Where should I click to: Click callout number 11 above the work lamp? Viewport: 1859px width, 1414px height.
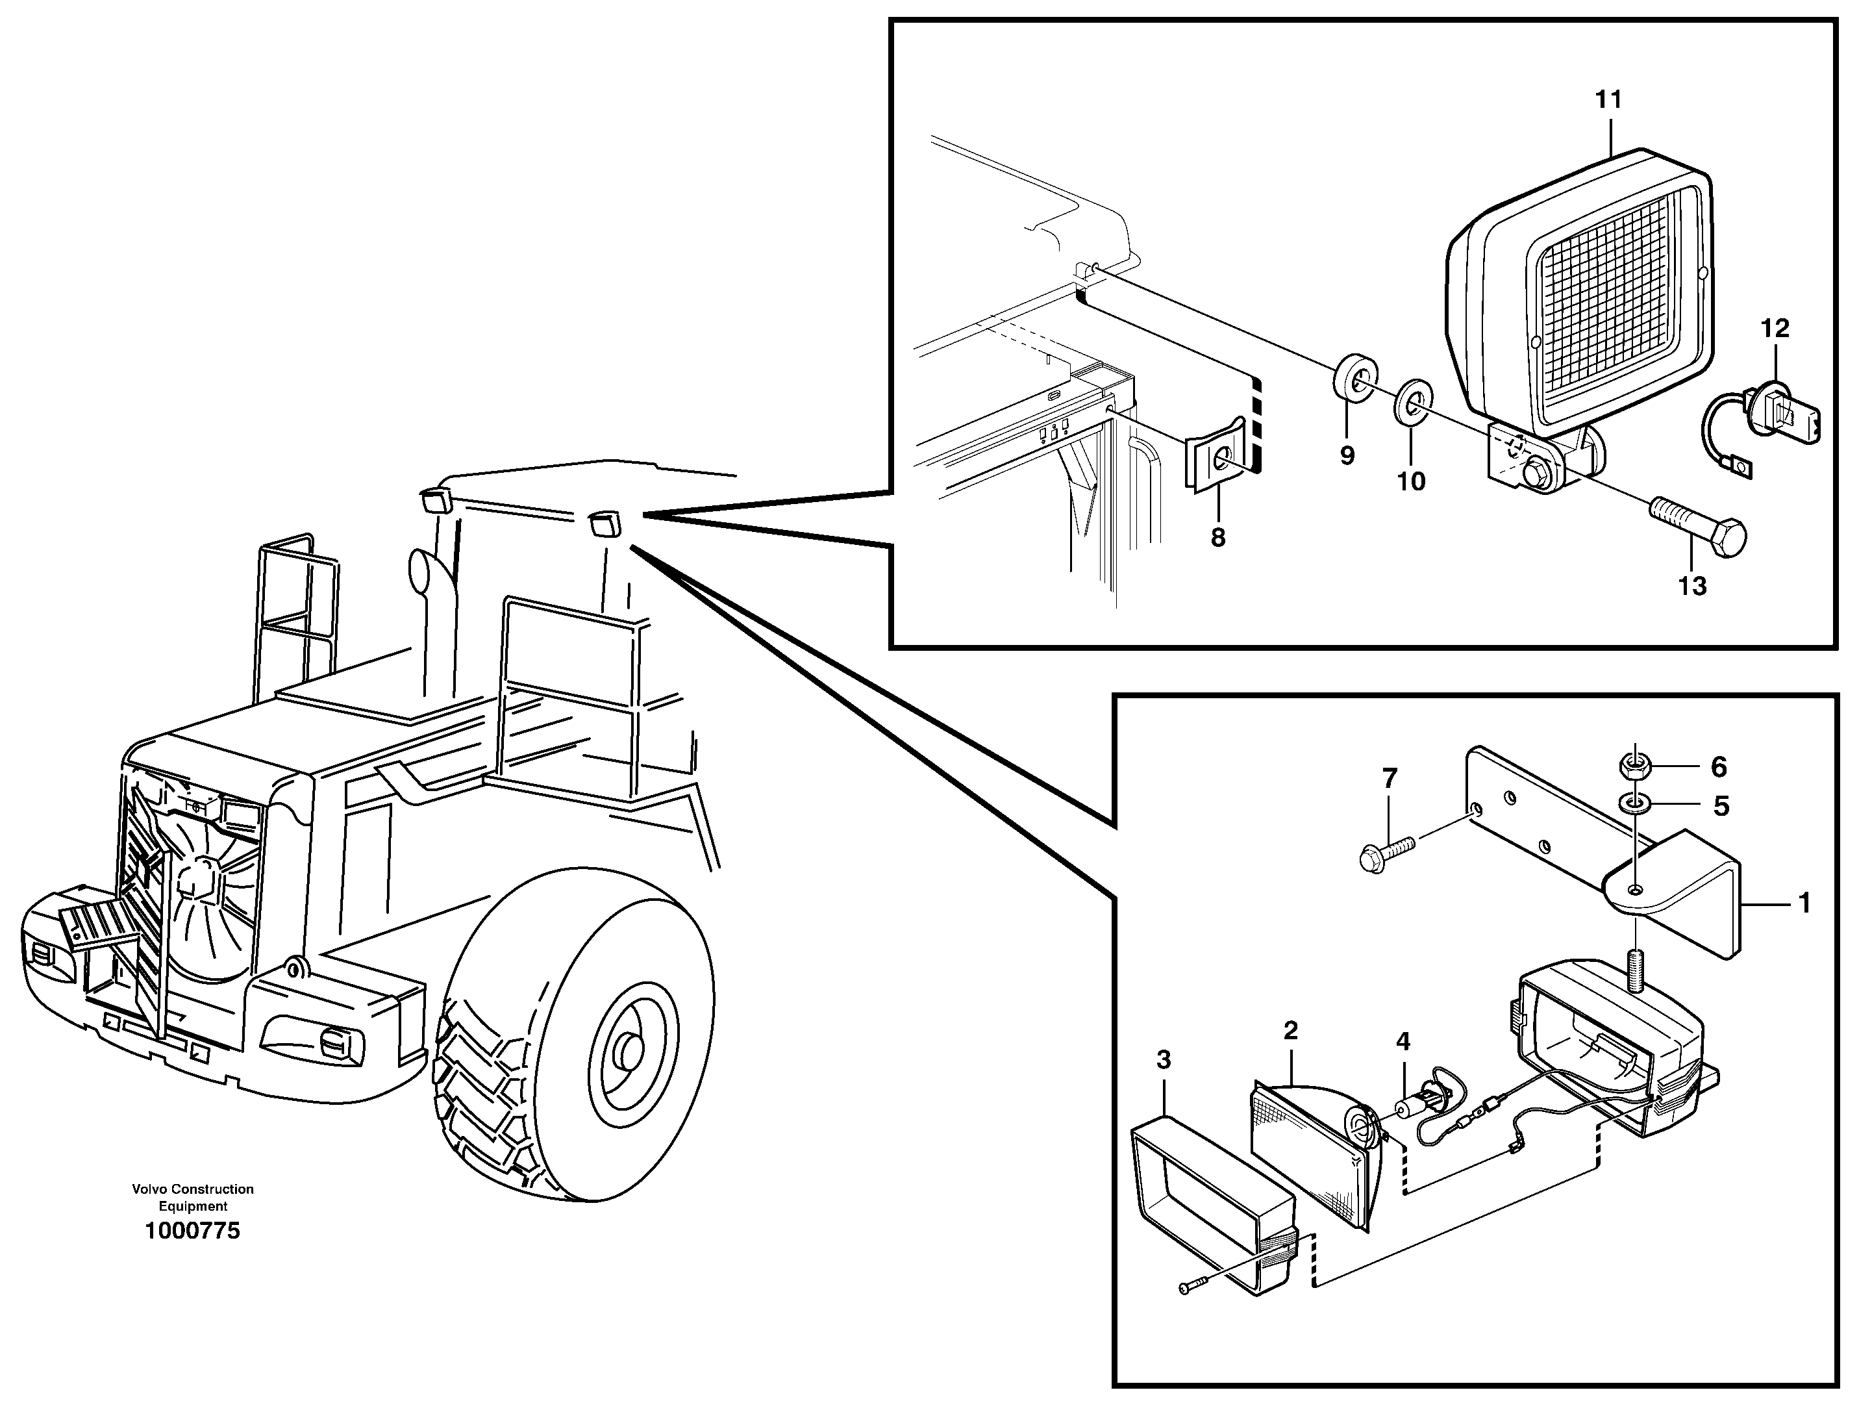pyautogui.click(x=1608, y=100)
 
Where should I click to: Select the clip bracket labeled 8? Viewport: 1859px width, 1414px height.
pyautogui.click(x=1219, y=461)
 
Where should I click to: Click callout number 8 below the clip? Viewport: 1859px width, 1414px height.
pyautogui.click(x=1218, y=538)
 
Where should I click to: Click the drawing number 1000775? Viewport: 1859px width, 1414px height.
pyautogui.click(x=193, y=1231)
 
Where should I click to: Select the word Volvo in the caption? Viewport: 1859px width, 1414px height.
pyautogui.click(x=149, y=1189)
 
